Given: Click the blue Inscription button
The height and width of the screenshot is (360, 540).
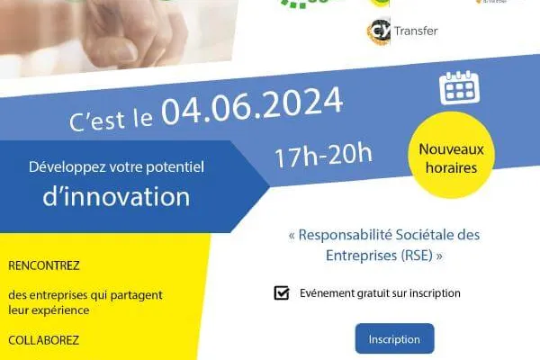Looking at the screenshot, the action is point(395,338).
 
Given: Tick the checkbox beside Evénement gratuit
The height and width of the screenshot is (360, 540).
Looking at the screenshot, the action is point(282,292).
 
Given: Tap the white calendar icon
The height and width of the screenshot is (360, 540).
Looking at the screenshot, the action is point(459,88).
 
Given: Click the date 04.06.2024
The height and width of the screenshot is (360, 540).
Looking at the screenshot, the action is point(252,105).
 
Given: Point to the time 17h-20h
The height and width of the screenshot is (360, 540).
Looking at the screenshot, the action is point(323,155).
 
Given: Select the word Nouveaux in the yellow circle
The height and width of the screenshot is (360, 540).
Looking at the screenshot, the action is point(451,149).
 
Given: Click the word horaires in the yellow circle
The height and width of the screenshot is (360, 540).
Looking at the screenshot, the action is point(451,168).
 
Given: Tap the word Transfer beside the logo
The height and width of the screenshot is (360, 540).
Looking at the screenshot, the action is point(416,31).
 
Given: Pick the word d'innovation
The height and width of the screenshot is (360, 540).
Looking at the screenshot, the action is point(116,196).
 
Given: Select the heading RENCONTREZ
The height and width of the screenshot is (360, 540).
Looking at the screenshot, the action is point(44,265).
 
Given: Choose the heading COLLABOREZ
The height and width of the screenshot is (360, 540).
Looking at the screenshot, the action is point(44,340).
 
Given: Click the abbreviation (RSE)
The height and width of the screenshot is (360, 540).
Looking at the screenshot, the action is point(417,256).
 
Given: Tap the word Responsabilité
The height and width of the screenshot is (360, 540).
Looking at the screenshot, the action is point(346,235).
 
